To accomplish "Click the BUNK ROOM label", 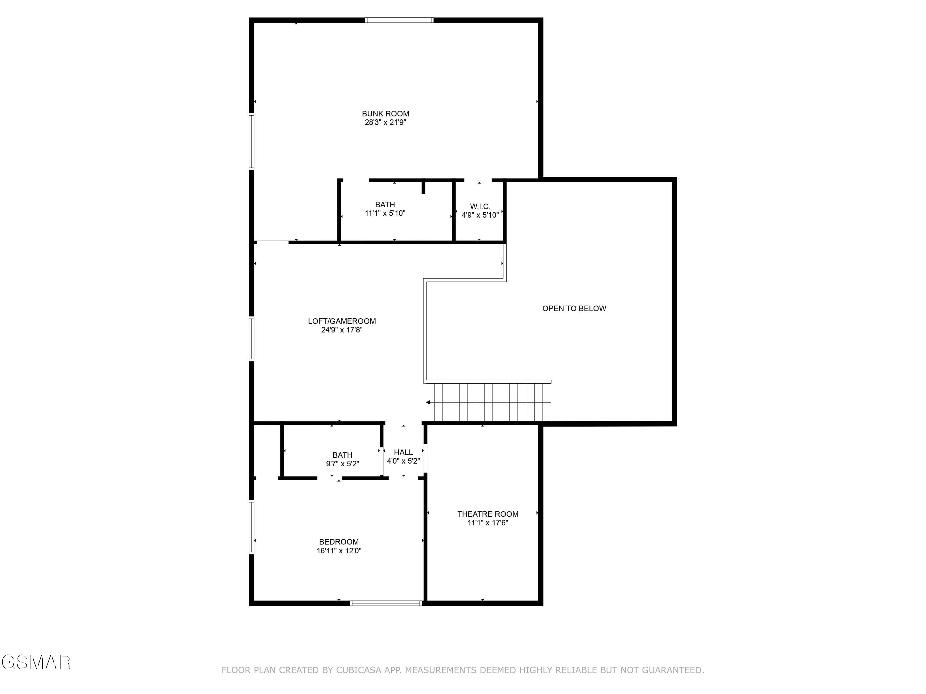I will [x=385, y=114].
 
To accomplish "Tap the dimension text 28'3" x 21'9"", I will [x=385, y=122].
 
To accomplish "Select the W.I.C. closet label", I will [x=480, y=207].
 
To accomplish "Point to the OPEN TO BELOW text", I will [x=574, y=308].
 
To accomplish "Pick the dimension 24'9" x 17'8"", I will [x=342, y=330].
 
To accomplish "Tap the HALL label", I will [x=403, y=452].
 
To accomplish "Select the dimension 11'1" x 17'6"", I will [x=488, y=523].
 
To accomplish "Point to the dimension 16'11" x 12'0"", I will [x=339, y=551].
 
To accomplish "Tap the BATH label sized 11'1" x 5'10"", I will [x=385, y=204].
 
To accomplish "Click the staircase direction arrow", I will [x=428, y=403].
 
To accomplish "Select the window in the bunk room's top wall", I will [x=399, y=20].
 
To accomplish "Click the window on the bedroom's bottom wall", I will [x=386, y=603].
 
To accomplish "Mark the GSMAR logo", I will [x=35, y=663].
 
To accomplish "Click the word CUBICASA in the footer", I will [x=358, y=670].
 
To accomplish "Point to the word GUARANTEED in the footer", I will [x=673, y=670].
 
